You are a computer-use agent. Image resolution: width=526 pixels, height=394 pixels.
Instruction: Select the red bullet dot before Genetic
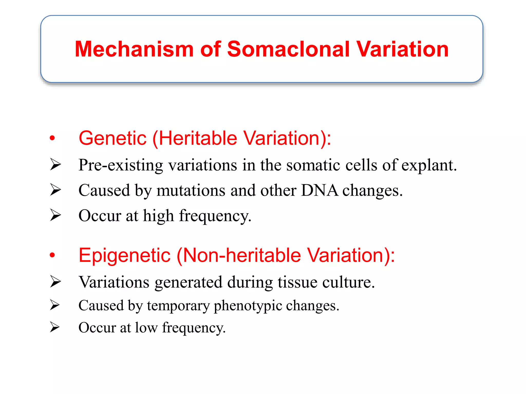coord(52,138)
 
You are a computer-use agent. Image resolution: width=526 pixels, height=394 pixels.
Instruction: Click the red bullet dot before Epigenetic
coord(52,255)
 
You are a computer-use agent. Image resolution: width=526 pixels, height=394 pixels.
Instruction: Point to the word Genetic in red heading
coord(112,138)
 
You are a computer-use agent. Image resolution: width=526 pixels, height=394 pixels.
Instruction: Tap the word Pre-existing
coord(121,165)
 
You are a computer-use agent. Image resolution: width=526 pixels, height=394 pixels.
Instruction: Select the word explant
coord(429,165)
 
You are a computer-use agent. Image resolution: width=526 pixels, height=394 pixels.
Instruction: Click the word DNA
coord(320,190)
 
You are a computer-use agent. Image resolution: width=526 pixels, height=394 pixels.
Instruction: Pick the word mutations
coord(191,190)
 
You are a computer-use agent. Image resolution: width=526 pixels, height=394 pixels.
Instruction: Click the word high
coord(158,216)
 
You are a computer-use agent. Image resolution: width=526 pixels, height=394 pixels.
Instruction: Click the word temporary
coord(178,306)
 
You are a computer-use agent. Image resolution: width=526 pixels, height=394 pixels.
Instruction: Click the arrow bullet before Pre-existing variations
coord(55,165)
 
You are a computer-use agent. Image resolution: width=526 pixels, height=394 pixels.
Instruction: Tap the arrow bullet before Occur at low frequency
coord(55,327)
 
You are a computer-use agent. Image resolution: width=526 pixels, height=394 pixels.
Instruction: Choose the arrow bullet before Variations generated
coord(55,282)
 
